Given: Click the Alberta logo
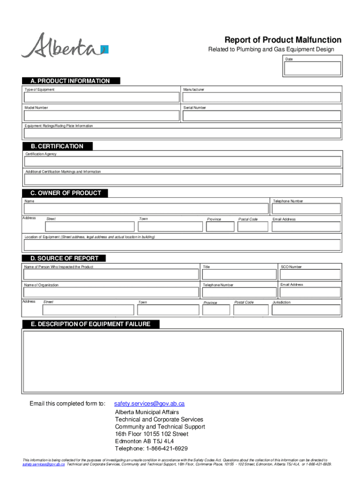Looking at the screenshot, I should coord(65,45).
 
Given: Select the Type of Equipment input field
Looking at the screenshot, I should coord(102,97).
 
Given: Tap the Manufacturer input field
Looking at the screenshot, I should coord(261,97).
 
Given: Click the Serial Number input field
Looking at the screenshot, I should coord(261,116).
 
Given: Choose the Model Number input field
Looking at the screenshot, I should coord(102,116).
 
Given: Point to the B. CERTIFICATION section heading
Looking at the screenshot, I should coord(57,146).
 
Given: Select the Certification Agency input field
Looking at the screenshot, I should coord(182,161).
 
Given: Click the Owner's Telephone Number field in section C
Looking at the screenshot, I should coord(306,209).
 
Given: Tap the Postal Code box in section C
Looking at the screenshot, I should coord(252,227).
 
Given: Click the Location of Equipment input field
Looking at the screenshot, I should coord(182,245).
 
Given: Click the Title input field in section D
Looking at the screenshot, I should coord(238,275).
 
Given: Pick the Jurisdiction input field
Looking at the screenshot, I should coord(306,310).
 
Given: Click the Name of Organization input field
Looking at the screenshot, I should coord(111,292).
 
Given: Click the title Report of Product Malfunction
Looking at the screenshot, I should coord(283,40).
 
